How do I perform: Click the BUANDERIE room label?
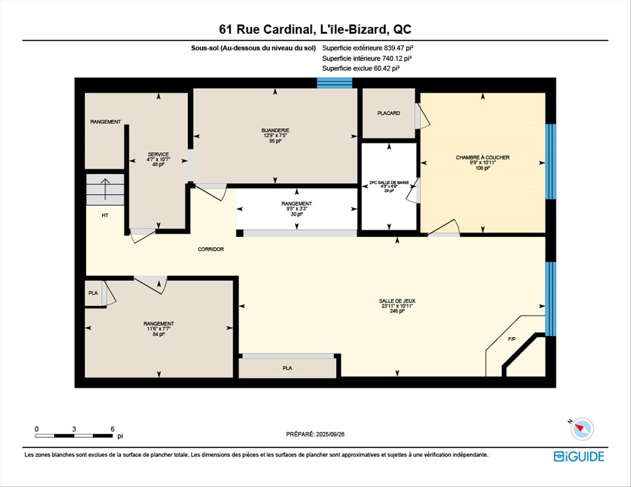pos(275,130)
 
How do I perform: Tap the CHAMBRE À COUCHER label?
pos(482,158)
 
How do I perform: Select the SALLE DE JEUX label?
pos(397,301)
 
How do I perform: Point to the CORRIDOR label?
pos(211,249)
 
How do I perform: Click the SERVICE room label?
pos(158,154)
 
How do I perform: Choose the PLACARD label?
pos(389,113)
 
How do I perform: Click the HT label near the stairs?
pos(105,215)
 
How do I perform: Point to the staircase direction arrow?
pos(105,189)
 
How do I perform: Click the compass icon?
pos(582,429)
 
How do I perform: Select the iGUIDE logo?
pos(579,456)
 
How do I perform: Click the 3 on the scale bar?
pos(74,429)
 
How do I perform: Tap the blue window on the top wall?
pos(335,83)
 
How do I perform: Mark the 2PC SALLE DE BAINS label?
pos(389,183)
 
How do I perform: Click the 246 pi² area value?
pos(397,311)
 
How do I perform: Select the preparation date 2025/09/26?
pos(330,434)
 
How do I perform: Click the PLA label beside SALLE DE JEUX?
pos(287,368)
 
